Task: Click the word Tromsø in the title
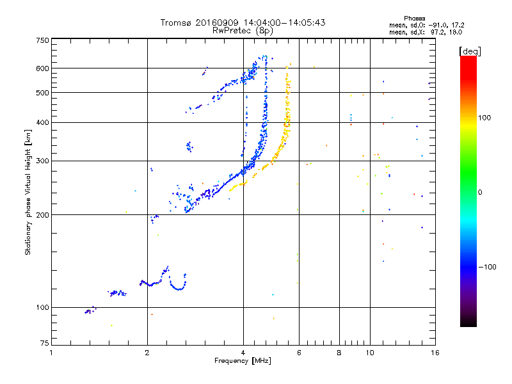point(175,22)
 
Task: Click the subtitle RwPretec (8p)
point(243,31)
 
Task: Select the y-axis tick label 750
point(42,40)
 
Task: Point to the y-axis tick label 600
point(42,68)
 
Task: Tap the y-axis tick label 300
point(42,161)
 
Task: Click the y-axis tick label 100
point(42,307)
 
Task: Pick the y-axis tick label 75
point(45,343)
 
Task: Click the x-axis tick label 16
point(435,353)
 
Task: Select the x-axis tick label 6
point(299,353)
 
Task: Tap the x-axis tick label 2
point(147,353)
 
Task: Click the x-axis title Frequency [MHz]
point(243,361)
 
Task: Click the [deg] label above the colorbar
point(470,51)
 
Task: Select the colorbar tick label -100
point(487,267)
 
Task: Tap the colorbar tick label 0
point(480,193)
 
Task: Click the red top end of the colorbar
point(468,58)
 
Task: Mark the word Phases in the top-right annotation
point(414,19)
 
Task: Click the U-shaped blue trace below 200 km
point(178,284)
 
